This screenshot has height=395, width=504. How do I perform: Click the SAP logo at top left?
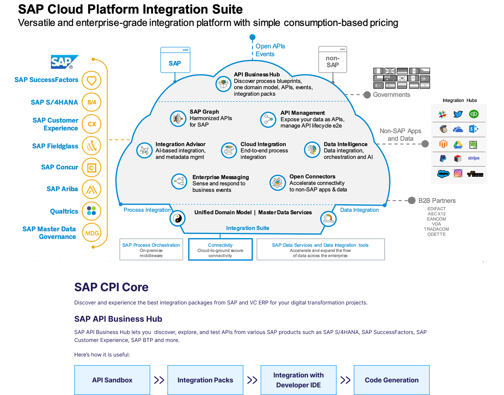tap(64, 62)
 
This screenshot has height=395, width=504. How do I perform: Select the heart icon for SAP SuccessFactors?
tap(92, 80)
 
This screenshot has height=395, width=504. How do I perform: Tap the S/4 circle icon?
tap(92, 102)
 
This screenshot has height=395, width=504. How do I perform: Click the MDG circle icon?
tap(92, 233)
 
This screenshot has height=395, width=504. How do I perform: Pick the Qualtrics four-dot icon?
tap(92, 211)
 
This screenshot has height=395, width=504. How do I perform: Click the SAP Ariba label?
tap(62, 189)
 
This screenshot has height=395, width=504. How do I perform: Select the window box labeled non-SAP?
tap(333, 60)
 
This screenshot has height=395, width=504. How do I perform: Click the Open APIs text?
tap(270, 46)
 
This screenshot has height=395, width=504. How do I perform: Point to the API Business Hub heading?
tap(257, 75)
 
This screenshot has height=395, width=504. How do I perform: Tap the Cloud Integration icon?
tap(229, 150)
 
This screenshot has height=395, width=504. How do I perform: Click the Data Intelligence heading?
tap(346, 144)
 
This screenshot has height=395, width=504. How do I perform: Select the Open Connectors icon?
tap(278, 183)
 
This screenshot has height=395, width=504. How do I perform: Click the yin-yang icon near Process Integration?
tap(177, 218)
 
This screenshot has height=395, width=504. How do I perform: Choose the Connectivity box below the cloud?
tap(220, 250)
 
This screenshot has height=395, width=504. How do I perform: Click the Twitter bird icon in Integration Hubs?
tap(458, 114)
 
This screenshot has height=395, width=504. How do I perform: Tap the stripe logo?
tap(473, 158)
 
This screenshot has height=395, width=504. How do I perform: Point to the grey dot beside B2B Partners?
tap(411, 200)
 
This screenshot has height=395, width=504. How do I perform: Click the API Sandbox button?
tap(112, 380)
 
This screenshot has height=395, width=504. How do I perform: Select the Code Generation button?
tap(392, 380)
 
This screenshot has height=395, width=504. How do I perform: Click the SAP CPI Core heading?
tap(111, 287)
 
